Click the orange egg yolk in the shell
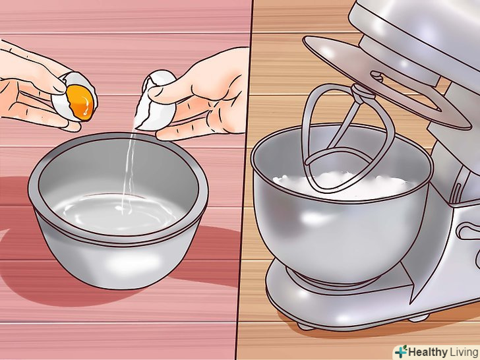click(80, 102)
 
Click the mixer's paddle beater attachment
click(346, 138)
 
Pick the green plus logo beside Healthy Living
click(401, 351)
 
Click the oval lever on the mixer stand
click(468, 231)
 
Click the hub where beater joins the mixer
click(363, 91)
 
